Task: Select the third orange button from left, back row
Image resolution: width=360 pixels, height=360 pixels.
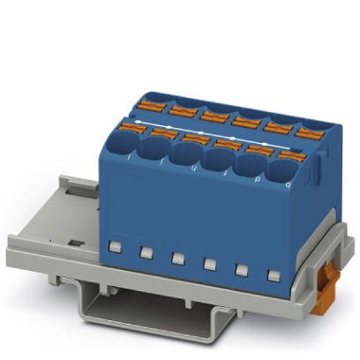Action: coord(213,114)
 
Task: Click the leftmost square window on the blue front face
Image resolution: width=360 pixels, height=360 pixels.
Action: coord(115,244)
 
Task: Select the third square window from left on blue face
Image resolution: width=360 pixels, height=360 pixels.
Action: coord(178,257)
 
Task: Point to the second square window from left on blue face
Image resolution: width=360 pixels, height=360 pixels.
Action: coord(146,251)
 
